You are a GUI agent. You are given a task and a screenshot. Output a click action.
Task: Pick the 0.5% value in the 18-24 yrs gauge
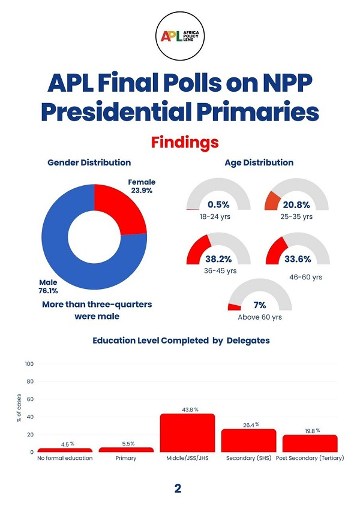pos(218,204)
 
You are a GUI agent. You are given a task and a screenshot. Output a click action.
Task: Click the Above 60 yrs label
pos(259,317)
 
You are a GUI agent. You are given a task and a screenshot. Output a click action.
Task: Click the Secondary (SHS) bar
pos(248,440)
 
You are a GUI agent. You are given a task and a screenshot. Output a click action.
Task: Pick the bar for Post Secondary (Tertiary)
pos(310,443)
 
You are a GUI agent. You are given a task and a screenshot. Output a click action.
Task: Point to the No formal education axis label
pos(65,458)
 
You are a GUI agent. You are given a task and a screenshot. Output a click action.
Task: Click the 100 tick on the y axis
pos(29,364)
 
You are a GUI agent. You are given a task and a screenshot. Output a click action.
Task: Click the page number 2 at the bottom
pos(178,488)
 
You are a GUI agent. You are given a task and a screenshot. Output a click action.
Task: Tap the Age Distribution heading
pos(259,162)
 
